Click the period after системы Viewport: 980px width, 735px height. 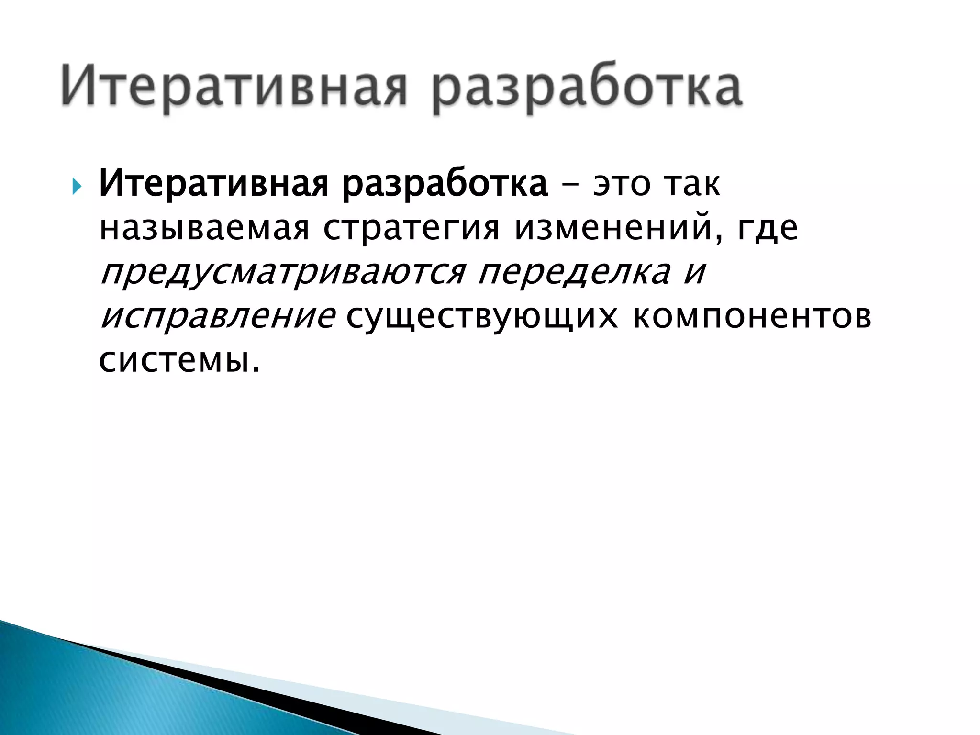click(256, 369)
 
